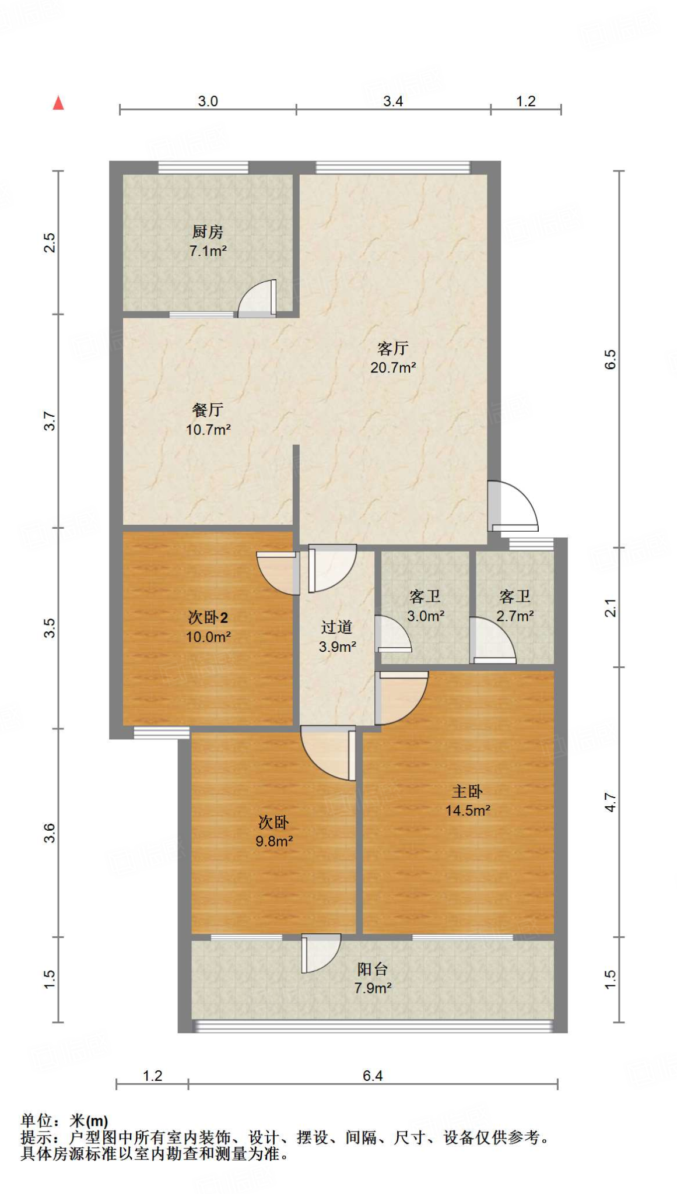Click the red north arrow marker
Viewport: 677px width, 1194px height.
pyautogui.click(x=58, y=103)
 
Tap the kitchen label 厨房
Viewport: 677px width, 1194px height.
pyautogui.click(x=208, y=232)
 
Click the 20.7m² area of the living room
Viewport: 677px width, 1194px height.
pyautogui.click(x=392, y=368)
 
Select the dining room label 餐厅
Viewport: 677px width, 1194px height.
pyautogui.click(x=208, y=410)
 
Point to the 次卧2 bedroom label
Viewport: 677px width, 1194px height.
pyautogui.click(x=208, y=617)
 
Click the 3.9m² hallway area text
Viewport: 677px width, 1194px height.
pyautogui.click(x=337, y=647)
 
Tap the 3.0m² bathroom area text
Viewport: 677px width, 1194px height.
pyautogui.click(x=426, y=616)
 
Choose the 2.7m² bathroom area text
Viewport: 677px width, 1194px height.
pyautogui.click(x=515, y=616)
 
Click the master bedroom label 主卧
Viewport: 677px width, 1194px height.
pyautogui.click(x=467, y=791)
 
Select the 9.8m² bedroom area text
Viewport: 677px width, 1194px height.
pyautogui.click(x=273, y=841)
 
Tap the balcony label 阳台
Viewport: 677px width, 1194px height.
pyautogui.click(x=372, y=969)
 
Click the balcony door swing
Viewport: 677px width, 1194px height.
pyautogui.click(x=321, y=953)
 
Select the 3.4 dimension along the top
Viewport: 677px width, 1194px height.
pyautogui.click(x=393, y=101)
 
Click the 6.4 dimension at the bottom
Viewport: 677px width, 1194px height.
pyautogui.click(x=372, y=1076)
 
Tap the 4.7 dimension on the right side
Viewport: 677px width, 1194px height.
pyautogui.click(x=610, y=802)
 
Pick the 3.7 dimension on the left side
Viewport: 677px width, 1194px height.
pyautogui.click(x=50, y=421)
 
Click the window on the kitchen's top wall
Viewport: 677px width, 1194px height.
pyautogui.click(x=203, y=167)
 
